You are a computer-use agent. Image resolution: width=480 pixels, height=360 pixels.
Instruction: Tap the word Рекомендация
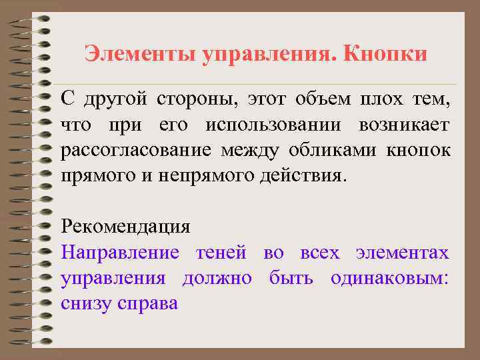click(x=125, y=227)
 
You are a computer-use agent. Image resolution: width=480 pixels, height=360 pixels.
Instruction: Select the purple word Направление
click(x=120, y=253)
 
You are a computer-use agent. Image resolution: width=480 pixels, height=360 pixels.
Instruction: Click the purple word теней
click(x=222, y=253)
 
